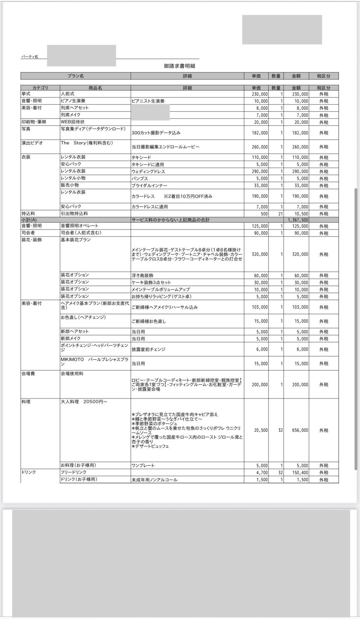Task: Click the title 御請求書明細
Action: (x=179, y=66)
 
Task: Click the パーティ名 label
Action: (x=30, y=57)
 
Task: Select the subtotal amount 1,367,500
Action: (x=298, y=220)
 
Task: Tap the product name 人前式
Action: (x=67, y=94)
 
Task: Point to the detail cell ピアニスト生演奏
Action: (x=148, y=101)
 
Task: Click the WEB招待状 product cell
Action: (x=73, y=122)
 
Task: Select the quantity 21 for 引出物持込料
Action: (x=280, y=214)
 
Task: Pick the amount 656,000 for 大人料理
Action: (x=300, y=430)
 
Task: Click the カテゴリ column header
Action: (x=40, y=88)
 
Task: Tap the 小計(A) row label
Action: (x=29, y=220)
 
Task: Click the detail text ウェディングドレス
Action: (x=148, y=172)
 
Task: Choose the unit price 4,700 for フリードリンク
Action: (x=262, y=473)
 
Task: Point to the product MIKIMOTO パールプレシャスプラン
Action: (x=94, y=362)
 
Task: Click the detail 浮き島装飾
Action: (x=142, y=276)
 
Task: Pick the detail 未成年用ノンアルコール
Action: (x=154, y=480)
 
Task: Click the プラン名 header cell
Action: (x=75, y=76)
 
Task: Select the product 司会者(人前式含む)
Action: (x=81, y=233)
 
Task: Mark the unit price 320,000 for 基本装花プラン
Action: (x=260, y=254)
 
